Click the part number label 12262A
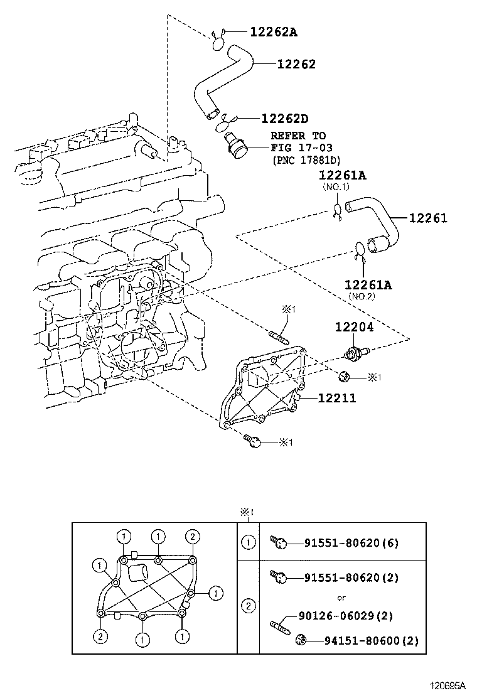tap(274, 31)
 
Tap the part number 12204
tap(354, 327)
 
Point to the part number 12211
tap(336, 398)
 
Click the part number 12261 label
tap(428, 218)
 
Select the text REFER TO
tap(298, 136)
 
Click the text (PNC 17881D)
tap(307, 160)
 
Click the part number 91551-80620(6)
tap(351, 543)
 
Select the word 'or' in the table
tap(341, 598)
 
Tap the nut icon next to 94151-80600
tap(301, 640)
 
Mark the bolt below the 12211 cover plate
tap(252, 442)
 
